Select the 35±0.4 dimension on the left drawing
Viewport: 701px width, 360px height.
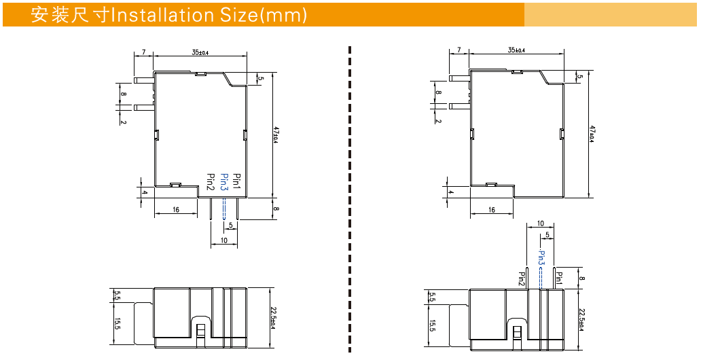pyautogui.click(x=200, y=52)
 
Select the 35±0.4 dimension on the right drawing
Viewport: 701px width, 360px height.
pyautogui.click(x=516, y=50)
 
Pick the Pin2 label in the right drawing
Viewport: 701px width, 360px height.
pyautogui.click(x=522, y=279)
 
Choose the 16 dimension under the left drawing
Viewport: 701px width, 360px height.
pyautogui.click(x=176, y=210)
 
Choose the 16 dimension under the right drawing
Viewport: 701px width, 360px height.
pyautogui.click(x=491, y=210)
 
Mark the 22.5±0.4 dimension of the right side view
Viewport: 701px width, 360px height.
pyautogui.click(x=581, y=319)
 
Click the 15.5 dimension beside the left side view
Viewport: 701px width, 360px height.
pyautogui.click(x=118, y=325)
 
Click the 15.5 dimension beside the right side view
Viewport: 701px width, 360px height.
pyautogui.click(x=432, y=326)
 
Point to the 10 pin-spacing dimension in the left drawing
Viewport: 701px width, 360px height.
pyautogui.click(x=223, y=240)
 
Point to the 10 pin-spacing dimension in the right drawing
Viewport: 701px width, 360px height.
pyautogui.click(x=541, y=223)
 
